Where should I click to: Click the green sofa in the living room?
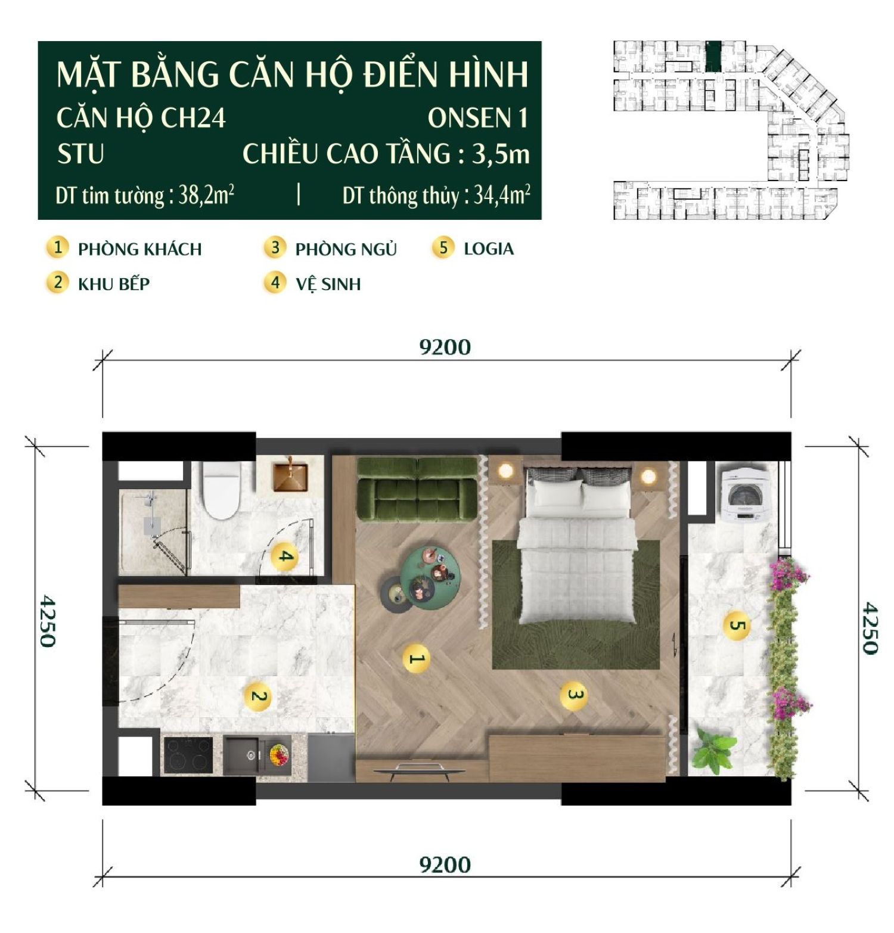[x=417, y=490]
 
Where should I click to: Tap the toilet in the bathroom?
[x=221, y=490]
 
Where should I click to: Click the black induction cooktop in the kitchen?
[x=188, y=755]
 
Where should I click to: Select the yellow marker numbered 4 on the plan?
[x=285, y=557]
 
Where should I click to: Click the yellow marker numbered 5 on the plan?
[x=737, y=626]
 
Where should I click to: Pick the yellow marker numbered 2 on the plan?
[x=258, y=696]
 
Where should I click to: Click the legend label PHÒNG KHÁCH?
[x=139, y=249]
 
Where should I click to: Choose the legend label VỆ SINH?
[x=328, y=284]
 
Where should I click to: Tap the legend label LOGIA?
[x=488, y=248]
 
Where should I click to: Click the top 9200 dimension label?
[x=445, y=347]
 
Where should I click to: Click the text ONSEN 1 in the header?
[x=477, y=118]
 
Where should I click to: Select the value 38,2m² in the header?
[x=206, y=195]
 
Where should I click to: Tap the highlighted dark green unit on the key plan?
[x=713, y=56]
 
